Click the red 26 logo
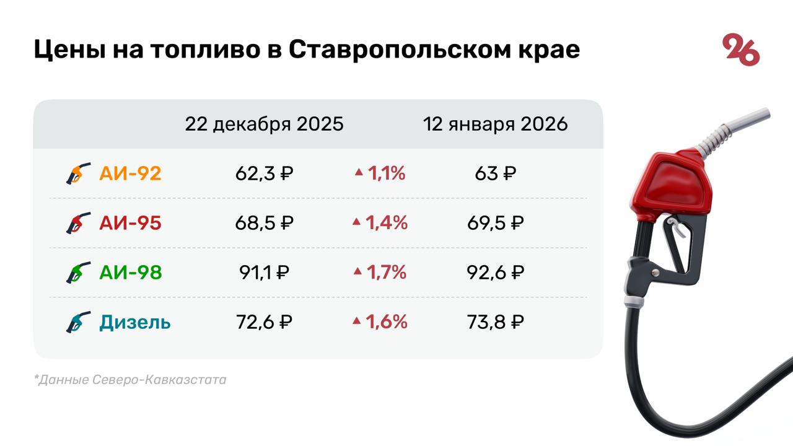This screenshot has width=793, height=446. point(741,51)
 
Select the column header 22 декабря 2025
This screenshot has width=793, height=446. point(264,124)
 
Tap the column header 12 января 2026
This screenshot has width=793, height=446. point(495,124)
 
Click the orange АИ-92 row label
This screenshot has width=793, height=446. point(130,173)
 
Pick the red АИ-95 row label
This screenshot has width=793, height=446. point(130,223)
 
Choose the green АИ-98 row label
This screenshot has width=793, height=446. point(130,273)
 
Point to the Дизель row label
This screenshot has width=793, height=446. point(134,322)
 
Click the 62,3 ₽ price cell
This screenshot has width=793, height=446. point(264,173)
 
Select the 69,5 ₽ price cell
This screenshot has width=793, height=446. point(496,223)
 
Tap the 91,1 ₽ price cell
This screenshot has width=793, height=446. point(264,273)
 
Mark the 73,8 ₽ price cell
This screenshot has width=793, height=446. point(496,322)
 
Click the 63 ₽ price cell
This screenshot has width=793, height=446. point(496,173)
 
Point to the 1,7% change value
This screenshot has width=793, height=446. point(387,273)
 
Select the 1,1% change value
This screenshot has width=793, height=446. point(387,173)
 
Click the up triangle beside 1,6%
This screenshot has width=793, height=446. point(356,321)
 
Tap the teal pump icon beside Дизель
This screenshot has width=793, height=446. point(78,322)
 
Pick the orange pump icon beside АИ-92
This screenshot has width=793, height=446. point(78,173)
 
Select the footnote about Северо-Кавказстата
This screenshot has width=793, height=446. point(130,380)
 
